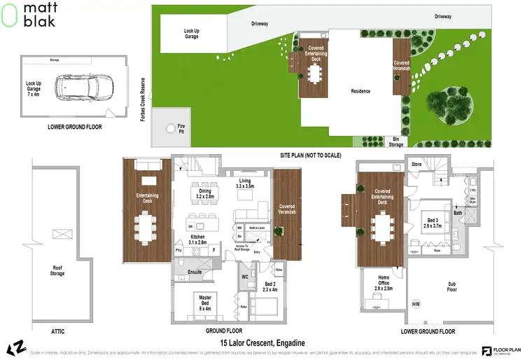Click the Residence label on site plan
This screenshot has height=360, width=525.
click(360, 91)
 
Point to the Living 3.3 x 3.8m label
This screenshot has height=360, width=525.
click(245, 184)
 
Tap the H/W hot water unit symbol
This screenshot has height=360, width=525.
click(416, 303)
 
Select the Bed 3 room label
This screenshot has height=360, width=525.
click(433, 223)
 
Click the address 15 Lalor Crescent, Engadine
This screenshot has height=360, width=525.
click(260, 343)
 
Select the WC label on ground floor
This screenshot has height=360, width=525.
click(246, 277)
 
